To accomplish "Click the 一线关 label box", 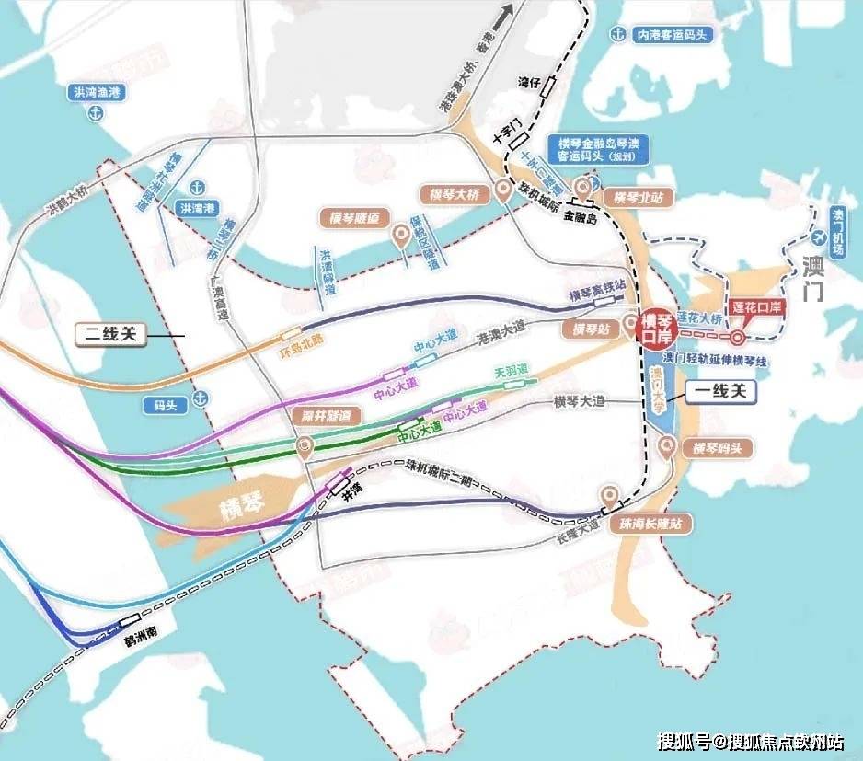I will tap(723, 393).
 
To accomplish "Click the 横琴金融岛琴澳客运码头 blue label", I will tap(599, 149).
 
